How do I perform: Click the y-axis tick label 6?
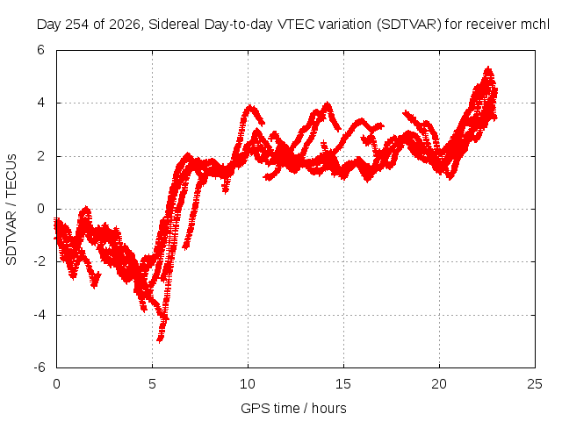coord(40,50)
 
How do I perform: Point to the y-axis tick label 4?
coord(40,103)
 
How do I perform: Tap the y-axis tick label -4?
coord(39,315)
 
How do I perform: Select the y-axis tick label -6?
coord(39,367)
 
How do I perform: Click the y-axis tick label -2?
coord(39,261)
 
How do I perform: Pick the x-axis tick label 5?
coord(152,384)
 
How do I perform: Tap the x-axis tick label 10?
coord(248,384)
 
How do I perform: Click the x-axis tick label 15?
coord(343,384)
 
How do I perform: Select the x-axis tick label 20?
coord(439,384)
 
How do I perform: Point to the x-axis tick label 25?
coord(535,384)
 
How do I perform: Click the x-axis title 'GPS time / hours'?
coord(293,409)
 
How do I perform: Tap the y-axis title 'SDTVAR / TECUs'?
coord(11,210)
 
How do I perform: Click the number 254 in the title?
coord(77,25)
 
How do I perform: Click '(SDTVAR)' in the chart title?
coord(409,25)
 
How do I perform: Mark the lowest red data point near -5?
coord(160,340)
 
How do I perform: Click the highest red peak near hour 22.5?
coord(488,68)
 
